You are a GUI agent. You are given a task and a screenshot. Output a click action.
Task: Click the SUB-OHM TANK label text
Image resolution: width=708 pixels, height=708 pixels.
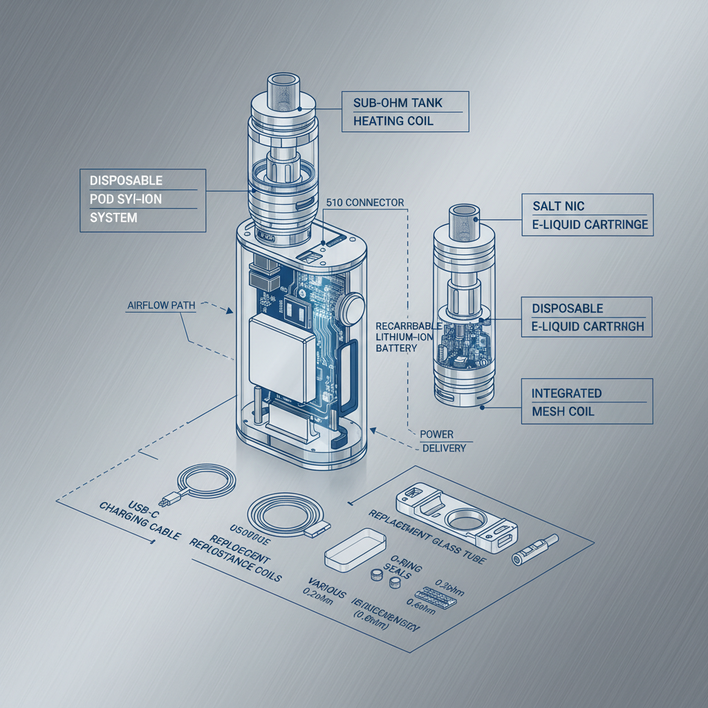click(397, 103)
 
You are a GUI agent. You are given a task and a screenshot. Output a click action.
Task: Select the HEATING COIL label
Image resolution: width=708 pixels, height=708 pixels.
click(393, 121)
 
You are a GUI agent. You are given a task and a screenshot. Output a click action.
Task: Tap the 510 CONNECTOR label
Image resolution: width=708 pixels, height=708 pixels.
click(364, 203)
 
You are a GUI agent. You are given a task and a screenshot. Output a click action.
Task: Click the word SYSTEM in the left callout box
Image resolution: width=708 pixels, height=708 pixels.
click(113, 218)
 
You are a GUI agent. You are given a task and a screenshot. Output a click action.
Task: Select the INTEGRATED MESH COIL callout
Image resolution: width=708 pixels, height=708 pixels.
click(566, 402)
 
